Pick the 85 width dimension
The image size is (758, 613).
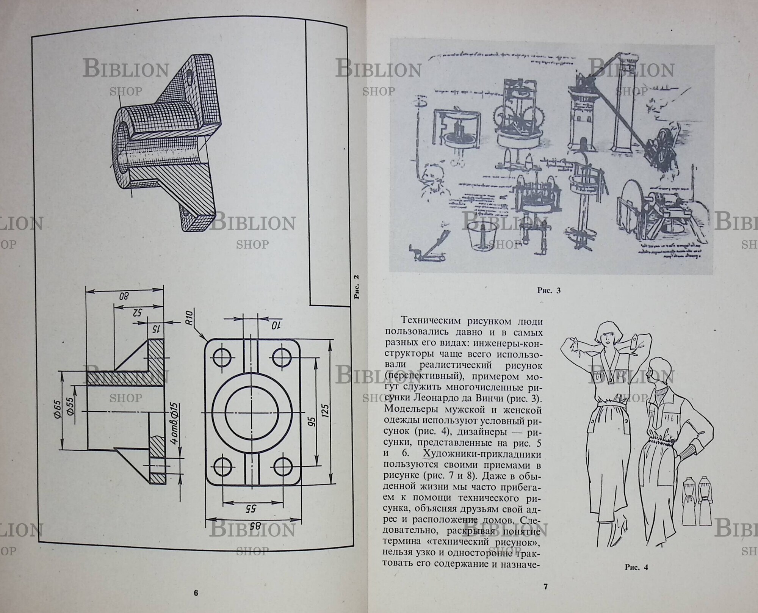[x=256, y=525]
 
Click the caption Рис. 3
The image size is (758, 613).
[x=548, y=291]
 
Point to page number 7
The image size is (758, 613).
[x=546, y=587]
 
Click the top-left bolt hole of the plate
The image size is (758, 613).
[x=222, y=357]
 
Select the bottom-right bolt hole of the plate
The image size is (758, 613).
[x=282, y=466]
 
